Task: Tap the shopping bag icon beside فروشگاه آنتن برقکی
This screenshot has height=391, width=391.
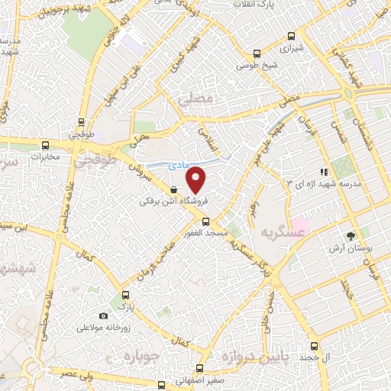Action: (175, 191)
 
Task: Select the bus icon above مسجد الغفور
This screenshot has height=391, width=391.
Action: (205, 221)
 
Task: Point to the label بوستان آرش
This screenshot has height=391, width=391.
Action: (347, 249)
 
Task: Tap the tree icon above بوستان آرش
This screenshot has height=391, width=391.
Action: (351, 237)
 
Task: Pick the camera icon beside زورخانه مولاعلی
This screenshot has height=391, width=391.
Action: (104, 315)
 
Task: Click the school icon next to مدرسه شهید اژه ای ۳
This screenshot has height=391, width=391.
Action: (325, 172)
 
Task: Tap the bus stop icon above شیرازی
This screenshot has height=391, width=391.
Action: (291, 35)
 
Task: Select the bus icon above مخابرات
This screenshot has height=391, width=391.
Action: (45, 144)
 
